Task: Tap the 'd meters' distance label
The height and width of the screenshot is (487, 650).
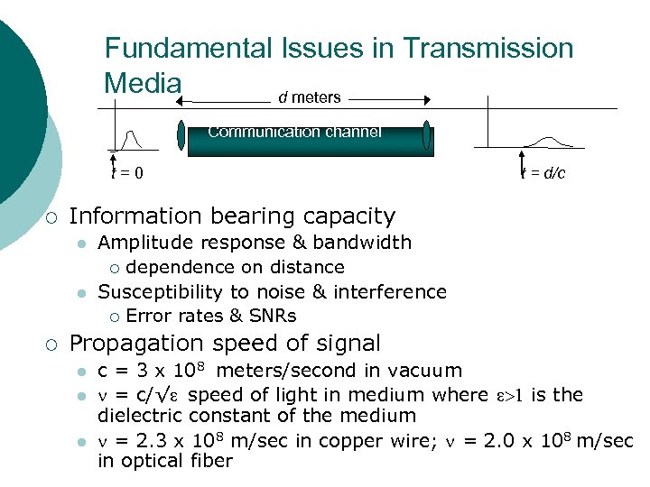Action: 309,96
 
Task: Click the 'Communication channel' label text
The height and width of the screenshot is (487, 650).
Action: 294,132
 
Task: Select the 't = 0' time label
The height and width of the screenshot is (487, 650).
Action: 125,172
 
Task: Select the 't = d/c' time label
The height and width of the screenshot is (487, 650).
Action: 543,172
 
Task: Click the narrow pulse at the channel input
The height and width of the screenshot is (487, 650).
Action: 132,139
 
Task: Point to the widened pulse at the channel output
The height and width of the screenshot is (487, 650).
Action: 550,140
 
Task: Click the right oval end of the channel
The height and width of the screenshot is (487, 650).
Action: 426,134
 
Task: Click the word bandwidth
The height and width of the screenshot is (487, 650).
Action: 371,242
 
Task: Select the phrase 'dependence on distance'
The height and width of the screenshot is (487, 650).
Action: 235,267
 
